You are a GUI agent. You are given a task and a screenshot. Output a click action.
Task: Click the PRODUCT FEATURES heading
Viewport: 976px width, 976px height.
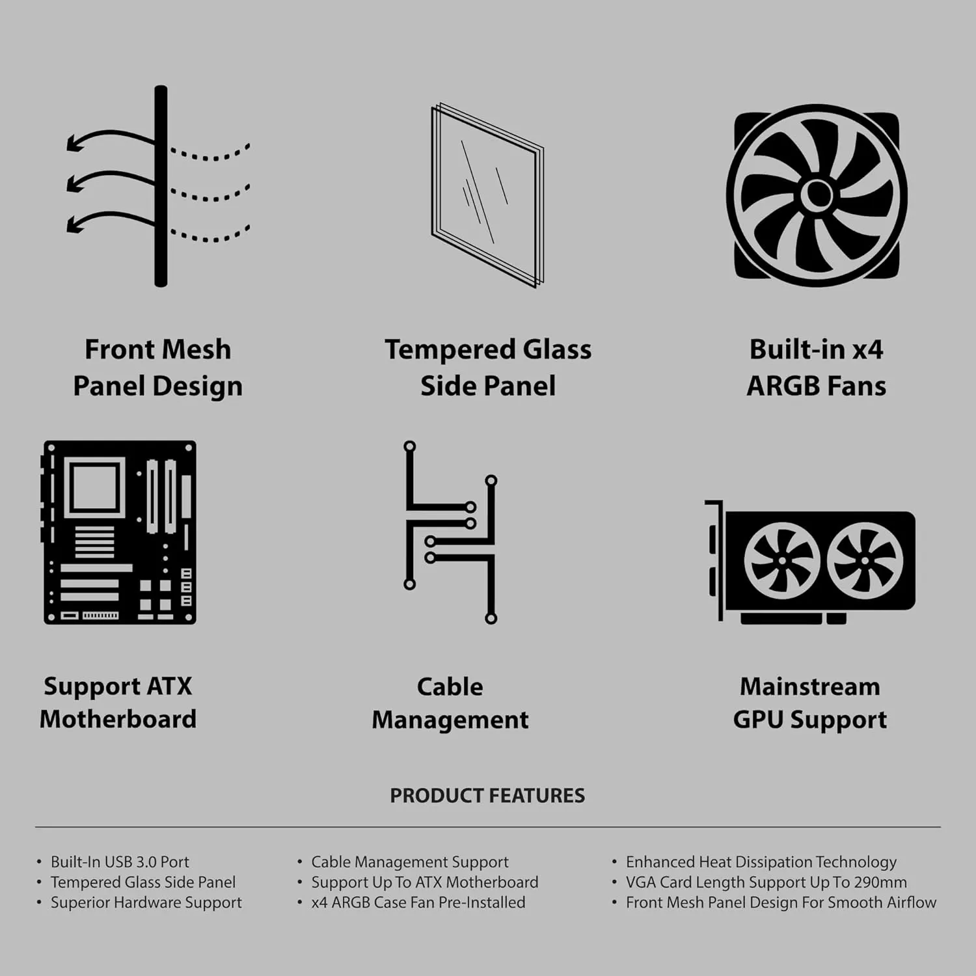coord(487,795)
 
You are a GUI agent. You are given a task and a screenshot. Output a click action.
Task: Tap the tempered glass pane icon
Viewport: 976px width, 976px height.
coord(487,195)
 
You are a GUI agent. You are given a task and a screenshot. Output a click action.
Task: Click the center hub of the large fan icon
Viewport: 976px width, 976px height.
coord(817,195)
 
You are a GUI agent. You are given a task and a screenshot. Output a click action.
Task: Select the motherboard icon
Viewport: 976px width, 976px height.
coord(120,532)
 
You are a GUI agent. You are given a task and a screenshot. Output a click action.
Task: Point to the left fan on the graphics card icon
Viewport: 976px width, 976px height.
coord(781,561)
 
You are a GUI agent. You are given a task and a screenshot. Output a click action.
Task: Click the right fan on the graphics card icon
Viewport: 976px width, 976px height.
coord(865,561)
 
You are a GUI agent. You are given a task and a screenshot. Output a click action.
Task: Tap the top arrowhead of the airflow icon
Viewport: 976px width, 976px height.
coord(74,143)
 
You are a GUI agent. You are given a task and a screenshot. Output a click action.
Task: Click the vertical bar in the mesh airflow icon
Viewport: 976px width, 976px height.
coord(161,186)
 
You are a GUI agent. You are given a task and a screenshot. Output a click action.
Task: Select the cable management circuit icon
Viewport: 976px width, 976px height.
coord(450,532)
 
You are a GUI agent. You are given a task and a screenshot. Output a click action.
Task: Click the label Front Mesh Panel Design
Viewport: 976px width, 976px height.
coord(157,368)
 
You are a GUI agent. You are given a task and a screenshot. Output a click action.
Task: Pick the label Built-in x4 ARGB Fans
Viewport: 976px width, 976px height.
coord(816,368)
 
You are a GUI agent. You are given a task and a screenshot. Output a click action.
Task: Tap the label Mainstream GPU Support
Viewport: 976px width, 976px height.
coord(810,703)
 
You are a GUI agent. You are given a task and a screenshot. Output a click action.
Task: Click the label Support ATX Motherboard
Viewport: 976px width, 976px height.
coord(118,703)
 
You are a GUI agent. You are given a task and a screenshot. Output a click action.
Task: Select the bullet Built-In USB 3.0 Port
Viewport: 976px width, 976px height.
coord(120,862)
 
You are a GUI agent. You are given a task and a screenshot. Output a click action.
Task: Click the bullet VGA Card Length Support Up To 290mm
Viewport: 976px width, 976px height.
coord(766,882)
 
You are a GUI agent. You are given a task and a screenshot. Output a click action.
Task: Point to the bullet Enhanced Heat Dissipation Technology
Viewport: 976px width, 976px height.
coord(761,862)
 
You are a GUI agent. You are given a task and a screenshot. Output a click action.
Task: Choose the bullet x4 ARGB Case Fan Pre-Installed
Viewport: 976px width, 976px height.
coord(418,902)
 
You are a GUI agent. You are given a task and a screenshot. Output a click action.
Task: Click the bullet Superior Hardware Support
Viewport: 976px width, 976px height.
coord(146,902)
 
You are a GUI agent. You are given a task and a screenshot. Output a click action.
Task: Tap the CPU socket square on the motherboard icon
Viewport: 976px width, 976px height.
coord(95,487)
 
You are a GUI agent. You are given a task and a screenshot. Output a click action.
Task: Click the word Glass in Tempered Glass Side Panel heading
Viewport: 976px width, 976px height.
coord(558,349)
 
